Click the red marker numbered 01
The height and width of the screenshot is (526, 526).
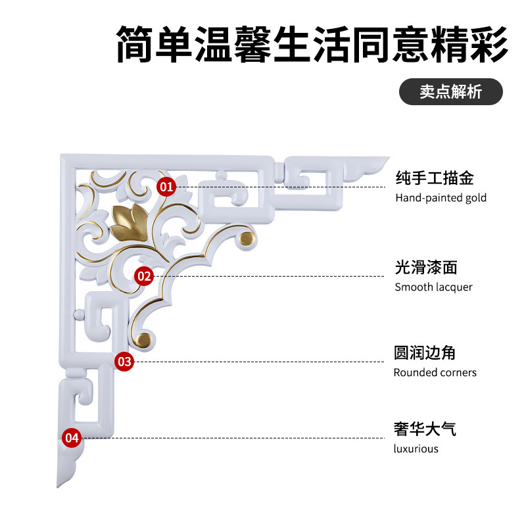click(x=167, y=187)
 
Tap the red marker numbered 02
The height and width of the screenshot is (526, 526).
click(x=144, y=276)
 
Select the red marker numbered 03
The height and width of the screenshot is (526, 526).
click(x=124, y=361)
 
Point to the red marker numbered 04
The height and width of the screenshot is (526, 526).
click(x=71, y=437)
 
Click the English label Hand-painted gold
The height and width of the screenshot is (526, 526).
click(x=441, y=197)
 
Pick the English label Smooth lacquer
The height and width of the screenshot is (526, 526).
click(x=433, y=287)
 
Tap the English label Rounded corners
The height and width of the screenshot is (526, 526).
click(x=435, y=372)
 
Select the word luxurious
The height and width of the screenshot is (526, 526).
click(x=416, y=448)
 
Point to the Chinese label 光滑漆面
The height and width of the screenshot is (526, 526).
click(x=425, y=267)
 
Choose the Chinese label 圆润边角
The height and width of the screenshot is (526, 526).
click(x=425, y=353)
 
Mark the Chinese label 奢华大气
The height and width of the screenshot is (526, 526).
click(x=425, y=429)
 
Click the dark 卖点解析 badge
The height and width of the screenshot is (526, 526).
click(x=451, y=92)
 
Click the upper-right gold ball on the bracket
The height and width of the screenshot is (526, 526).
click(x=246, y=238)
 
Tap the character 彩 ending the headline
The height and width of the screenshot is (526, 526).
click(x=487, y=44)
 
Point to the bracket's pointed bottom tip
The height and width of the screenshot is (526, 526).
click(x=59, y=485)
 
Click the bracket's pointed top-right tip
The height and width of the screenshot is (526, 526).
click(x=388, y=158)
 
